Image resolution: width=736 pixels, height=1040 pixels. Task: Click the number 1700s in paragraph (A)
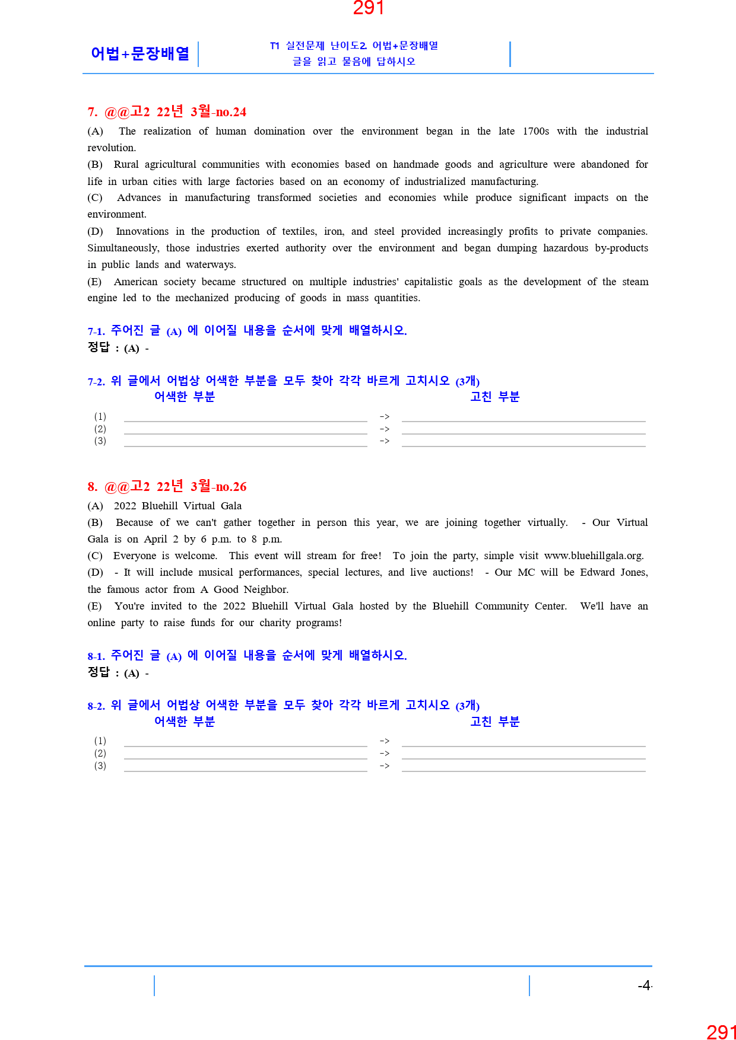[535, 131]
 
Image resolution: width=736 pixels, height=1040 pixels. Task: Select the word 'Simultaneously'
[123, 248]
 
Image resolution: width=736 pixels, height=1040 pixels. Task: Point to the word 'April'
[156, 539]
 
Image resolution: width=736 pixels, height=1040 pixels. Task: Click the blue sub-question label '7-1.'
[96, 331]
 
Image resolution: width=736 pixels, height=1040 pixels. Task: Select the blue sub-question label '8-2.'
[96, 706]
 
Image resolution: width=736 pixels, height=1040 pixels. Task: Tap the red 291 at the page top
[368, 8]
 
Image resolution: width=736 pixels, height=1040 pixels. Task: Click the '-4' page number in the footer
[644, 985]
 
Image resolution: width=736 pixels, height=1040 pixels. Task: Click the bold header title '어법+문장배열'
[140, 53]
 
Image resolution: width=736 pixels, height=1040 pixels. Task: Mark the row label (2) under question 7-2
[100, 429]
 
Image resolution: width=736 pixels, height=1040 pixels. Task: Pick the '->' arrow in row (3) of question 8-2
[385, 766]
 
